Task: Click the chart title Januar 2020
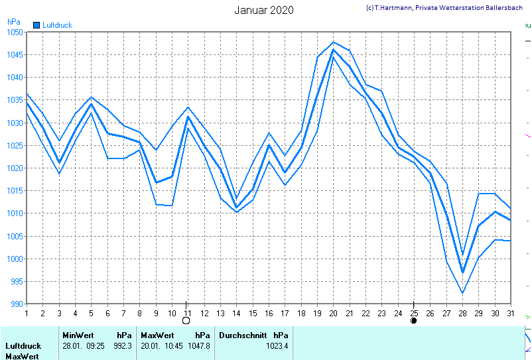click(264, 10)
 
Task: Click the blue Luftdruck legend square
click(36, 25)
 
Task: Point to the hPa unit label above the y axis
click(13, 22)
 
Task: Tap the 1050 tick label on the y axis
click(15, 32)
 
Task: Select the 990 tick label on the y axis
click(17, 304)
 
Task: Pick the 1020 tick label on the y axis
click(15, 168)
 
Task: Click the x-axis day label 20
click(333, 313)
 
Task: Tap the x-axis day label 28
click(462, 313)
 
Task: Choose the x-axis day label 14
click(236, 313)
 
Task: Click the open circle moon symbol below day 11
click(186, 321)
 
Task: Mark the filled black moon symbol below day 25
click(414, 321)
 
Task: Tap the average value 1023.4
click(277, 345)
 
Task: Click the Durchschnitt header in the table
click(243, 335)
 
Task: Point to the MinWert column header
click(79, 335)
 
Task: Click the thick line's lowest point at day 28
click(462, 272)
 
